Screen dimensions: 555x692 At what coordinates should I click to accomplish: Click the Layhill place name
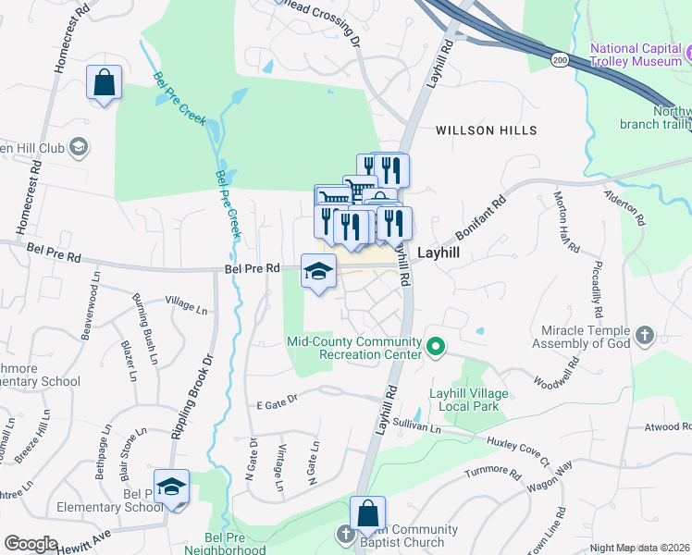pyautogui.click(x=439, y=252)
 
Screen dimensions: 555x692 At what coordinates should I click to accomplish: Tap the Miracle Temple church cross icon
pyautogui.click(x=645, y=334)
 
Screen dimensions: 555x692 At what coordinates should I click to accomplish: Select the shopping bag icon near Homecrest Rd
pyautogui.click(x=104, y=82)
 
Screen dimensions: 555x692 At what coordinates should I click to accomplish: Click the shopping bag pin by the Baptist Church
pyautogui.click(x=367, y=513)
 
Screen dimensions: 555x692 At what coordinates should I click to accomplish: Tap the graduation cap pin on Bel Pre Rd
pyautogui.click(x=318, y=271)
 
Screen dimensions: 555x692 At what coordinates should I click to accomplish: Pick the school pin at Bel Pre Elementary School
pyautogui.click(x=171, y=487)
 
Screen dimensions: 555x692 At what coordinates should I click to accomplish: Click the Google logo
pyautogui.click(x=30, y=544)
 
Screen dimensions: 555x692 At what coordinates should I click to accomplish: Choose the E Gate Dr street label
pyautogui.click(x=278, y=401)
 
